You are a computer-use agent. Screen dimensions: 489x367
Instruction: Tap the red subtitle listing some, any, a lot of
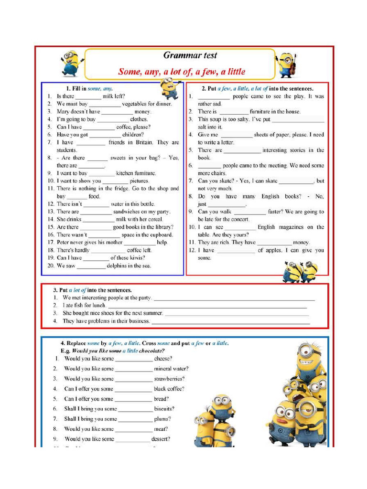click(182, 72)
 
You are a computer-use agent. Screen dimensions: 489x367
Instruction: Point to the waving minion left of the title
click(70, 63)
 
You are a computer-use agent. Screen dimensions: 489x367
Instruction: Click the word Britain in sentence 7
click(144, 142)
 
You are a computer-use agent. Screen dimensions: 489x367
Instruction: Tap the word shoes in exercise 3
click(114, 313)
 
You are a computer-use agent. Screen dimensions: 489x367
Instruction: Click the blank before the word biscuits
click(135, 409)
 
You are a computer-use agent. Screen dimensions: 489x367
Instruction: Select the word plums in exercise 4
click(162, 419)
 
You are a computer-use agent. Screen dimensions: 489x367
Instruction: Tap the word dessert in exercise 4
click(161, 439)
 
